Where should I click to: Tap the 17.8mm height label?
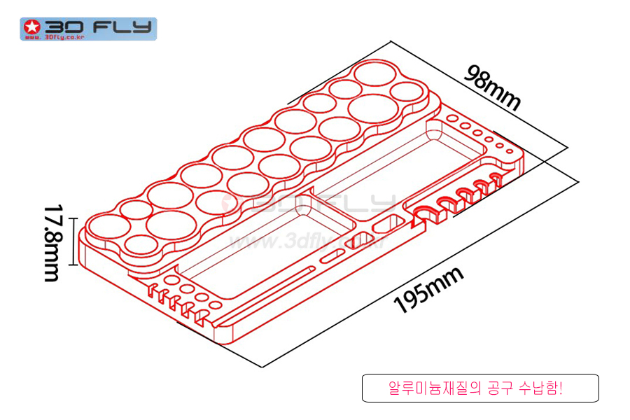[52, 242]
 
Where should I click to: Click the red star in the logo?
[31, 28]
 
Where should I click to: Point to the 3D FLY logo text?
[98, 27]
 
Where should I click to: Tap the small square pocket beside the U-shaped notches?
[384, 225]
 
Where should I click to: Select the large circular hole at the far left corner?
[107, 225]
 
